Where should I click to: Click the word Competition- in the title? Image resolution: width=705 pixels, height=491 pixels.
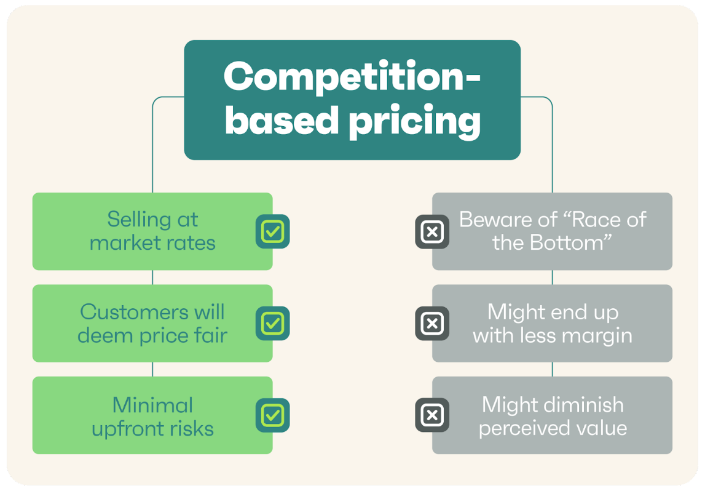(x=352, y=77)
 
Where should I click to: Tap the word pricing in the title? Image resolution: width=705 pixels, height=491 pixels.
(x=415, y=121)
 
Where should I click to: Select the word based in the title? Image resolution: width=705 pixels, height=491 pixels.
(x=282, y=120)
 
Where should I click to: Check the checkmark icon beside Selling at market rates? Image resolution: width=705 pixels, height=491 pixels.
(x=272, y=231)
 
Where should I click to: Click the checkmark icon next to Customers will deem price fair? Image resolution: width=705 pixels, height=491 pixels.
(x=272, y=324)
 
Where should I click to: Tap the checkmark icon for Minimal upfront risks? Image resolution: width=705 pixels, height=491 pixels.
(x=272, y=415)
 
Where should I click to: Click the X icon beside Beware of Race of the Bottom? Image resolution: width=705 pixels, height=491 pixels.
(x=432, y=231)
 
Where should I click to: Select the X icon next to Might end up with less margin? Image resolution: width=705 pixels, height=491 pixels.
(x=432, y=324)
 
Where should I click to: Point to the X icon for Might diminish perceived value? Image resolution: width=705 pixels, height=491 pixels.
(x=432, y=415)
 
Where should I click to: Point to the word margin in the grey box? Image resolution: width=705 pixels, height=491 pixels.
(x=602, y=335)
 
